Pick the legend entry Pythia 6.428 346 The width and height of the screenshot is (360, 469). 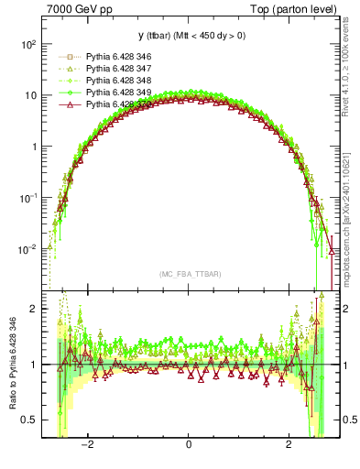[118, 57]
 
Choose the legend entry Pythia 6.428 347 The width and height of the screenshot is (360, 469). [118, 69]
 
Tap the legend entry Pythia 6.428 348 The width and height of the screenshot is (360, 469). [118, 81]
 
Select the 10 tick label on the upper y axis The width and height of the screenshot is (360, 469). [30, 95]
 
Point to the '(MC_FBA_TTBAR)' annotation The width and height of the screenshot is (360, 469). [189, 275]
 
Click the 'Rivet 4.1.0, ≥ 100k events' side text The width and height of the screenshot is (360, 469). [352, 73]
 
